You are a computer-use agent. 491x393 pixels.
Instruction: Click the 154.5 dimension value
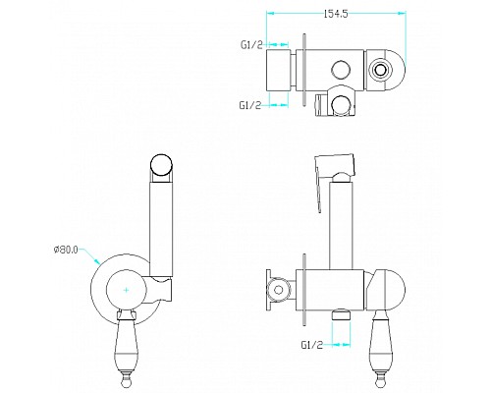point(336,14)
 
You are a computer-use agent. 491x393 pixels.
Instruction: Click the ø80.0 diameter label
point(66,250)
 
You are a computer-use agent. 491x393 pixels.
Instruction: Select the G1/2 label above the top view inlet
point(251,45)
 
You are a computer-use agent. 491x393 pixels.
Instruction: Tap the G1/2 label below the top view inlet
point(250,105)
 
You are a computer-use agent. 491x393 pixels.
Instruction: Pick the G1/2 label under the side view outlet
point(312,345)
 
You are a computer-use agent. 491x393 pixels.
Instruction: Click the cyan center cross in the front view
point(127,290)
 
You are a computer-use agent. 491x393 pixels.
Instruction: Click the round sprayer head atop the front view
point(161,165)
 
